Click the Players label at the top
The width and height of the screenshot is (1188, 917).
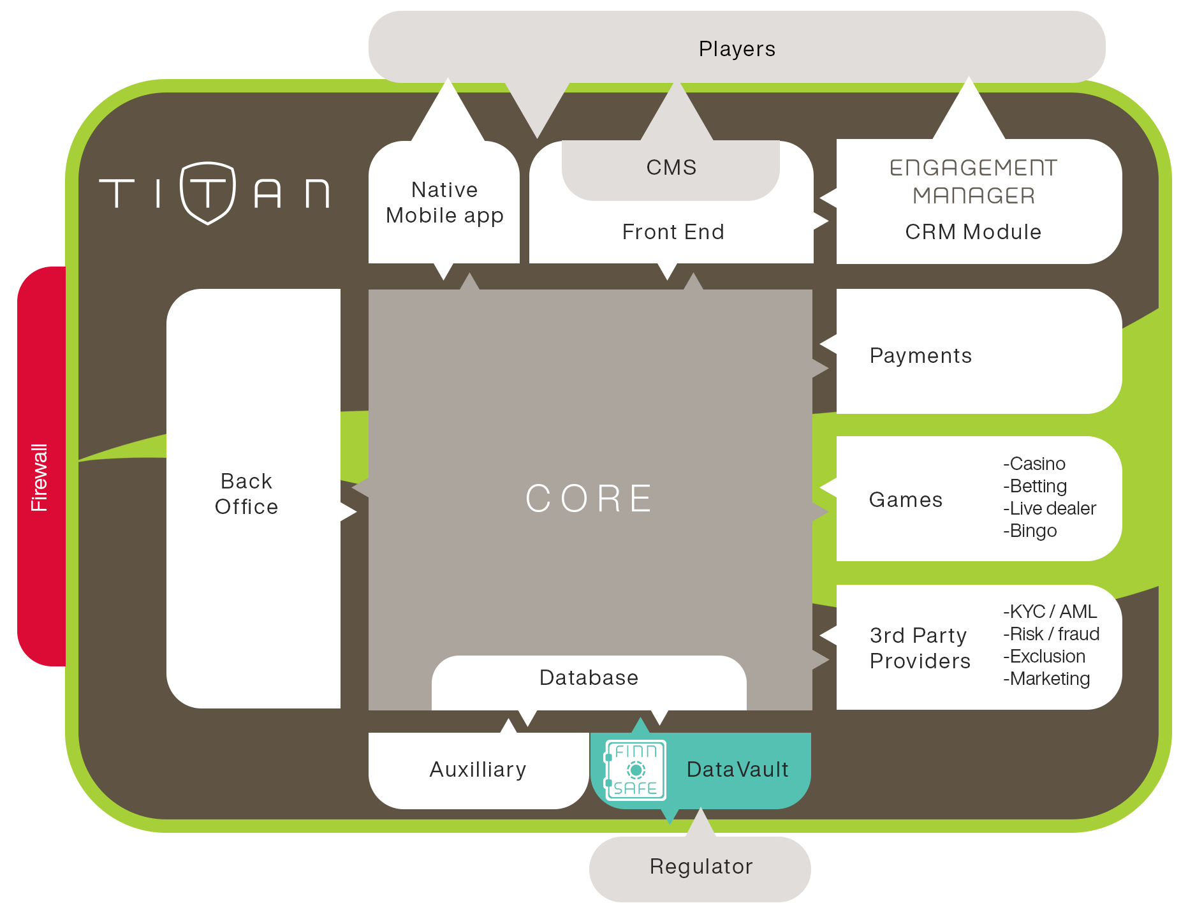[737, 49]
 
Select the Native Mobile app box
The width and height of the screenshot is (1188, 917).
[444, 203]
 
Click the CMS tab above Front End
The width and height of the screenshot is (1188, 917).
[671, 168]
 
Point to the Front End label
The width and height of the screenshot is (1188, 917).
[673, 232]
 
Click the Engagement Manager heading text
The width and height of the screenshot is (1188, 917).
[973, 182]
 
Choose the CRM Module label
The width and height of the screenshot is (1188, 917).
[973, 232]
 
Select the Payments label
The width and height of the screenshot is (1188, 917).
[920, 356]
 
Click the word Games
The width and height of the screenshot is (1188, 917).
[906, 500]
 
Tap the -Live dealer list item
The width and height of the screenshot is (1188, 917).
[1050, 509]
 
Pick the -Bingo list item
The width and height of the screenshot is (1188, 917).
[1030, 531]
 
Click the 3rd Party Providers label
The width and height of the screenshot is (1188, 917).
[920, 649]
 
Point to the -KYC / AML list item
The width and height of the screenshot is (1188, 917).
[1050, 612]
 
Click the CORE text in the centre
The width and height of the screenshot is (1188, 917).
[590, 499]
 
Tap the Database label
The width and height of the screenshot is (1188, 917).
[589, 678]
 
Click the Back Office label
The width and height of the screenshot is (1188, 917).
[246, 494]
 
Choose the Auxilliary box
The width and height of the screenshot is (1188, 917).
[478, 770]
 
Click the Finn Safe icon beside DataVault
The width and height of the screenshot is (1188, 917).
[635, 770]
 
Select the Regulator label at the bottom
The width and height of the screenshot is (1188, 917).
[701, 867]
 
